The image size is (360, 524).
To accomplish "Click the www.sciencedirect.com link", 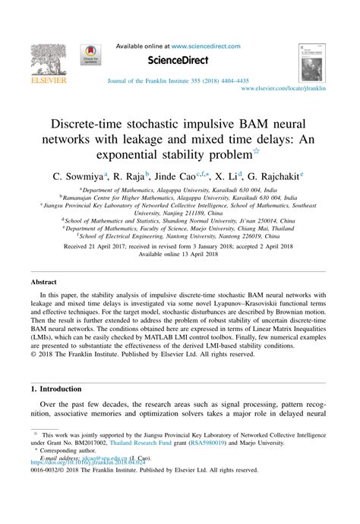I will (x=201, y=46).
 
